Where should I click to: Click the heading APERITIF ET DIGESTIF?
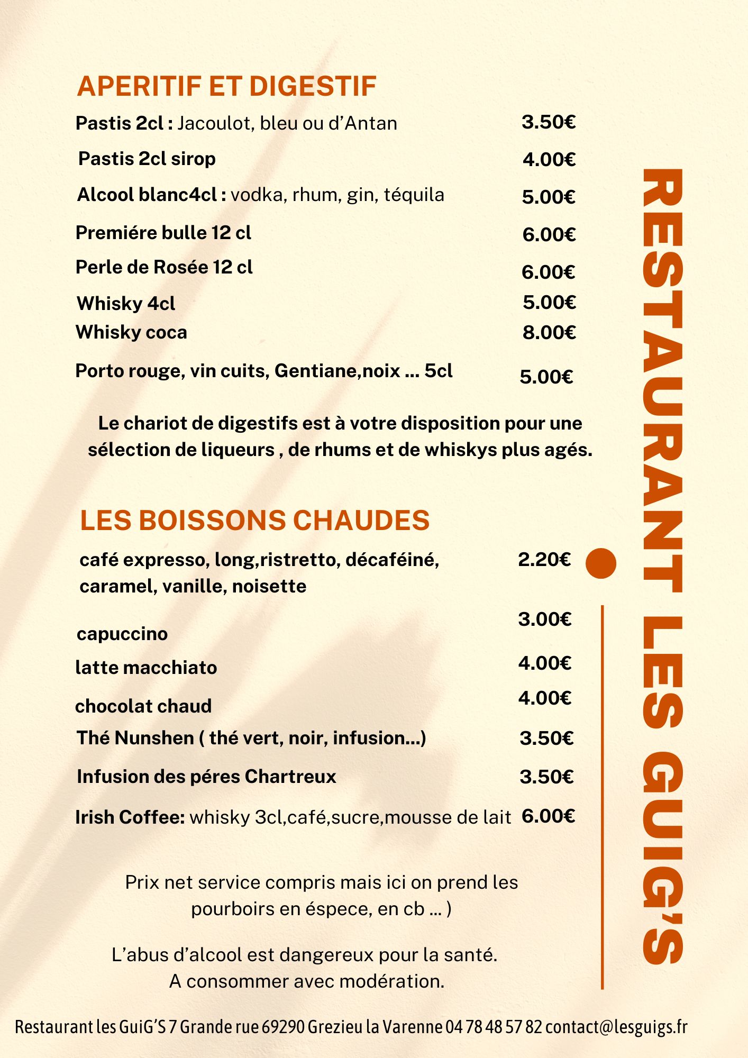226,87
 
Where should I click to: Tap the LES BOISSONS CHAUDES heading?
254,521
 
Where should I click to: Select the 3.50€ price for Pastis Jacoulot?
549,122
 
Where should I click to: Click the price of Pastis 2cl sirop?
549,159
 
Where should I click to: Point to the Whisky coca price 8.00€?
549,332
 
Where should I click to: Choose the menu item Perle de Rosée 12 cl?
164,267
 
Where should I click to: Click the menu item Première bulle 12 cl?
163,233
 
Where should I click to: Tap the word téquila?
414,195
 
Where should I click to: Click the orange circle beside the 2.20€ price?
601,563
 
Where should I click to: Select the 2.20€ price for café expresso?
544,559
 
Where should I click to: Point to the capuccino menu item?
122,634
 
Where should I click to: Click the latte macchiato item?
146,668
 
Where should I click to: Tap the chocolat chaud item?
143,706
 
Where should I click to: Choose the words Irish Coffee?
130,817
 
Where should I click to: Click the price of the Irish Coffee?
549,816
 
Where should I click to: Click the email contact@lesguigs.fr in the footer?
616,1027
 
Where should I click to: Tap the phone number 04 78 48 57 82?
494,1027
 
